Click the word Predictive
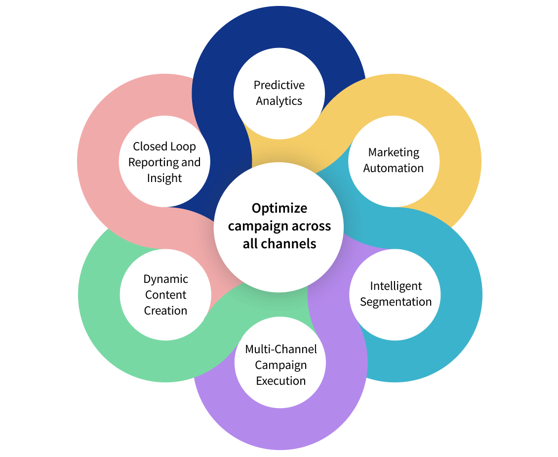pos(279,85)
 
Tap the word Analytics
pos(279,101)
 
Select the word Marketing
pos(394,152)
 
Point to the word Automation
pos(394,168)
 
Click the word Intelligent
pos(396,286)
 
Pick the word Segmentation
pos(396,302)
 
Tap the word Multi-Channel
pos(281,349)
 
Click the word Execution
pos(281,381)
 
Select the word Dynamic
pos(166,279)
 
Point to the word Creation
pos(166,311)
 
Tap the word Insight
pos(164,178)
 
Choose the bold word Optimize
pos(279,208)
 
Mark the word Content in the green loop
pos(166,295)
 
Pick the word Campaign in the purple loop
pos(281,365)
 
